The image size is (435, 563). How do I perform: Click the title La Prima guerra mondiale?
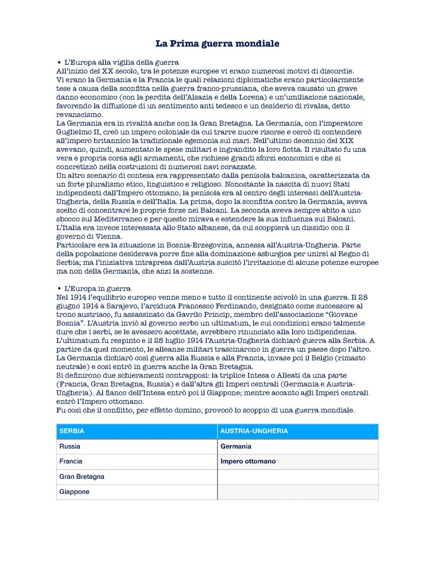[x=217, y=44]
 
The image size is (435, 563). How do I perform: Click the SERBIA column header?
[x=72, y=431]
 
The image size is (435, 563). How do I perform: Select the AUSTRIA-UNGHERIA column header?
[x=254, y=431]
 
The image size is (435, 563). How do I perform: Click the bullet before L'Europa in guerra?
[x=59, y=289]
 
